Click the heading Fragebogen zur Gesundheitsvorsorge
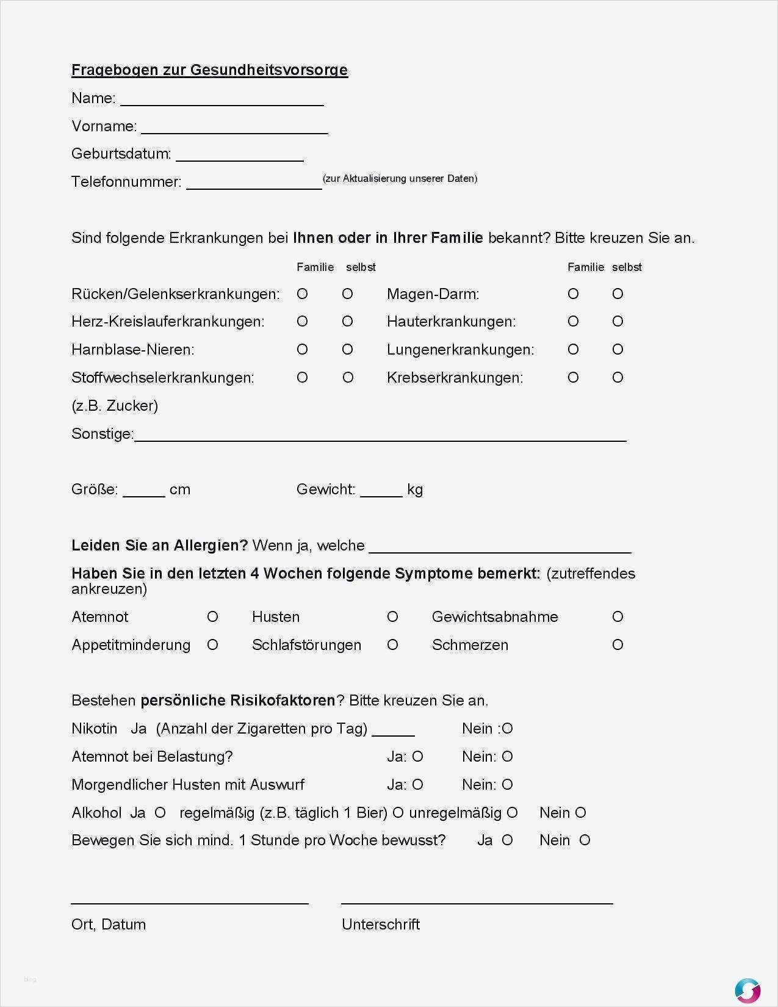209,70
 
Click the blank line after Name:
222,101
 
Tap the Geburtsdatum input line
240,156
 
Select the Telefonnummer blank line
254,184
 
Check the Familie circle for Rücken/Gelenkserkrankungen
302,294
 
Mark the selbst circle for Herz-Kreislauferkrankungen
347,322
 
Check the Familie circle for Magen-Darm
573,294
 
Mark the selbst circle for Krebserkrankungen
618,378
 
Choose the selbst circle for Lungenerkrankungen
618,350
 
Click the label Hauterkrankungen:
451,322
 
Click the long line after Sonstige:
380,436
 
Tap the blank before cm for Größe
144,492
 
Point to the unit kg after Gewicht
415,489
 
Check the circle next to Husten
392,617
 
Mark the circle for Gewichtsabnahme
618,617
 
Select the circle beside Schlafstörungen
392,645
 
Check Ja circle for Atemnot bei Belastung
417,757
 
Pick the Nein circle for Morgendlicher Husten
507,785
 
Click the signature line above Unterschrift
477,902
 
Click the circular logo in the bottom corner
747,990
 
